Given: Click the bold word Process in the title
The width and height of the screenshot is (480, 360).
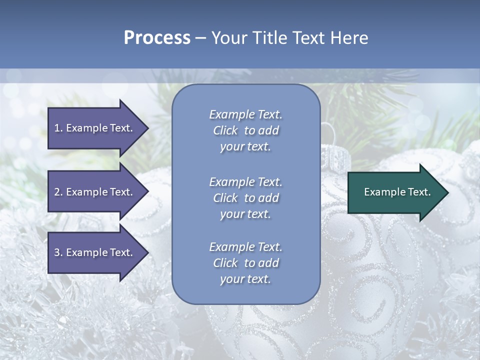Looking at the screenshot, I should (x=157, y=38).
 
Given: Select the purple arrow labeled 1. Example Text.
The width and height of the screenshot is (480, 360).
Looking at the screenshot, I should (x=95, y=128).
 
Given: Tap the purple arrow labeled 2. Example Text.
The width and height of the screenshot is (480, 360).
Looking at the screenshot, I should (x=95, y=192).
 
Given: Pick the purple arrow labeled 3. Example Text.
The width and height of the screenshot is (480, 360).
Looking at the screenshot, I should (x=95, y=252).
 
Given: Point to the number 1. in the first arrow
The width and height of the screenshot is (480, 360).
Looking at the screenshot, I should (x=58, y=128).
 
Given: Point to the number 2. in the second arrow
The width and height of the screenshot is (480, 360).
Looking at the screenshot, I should (x=58, y=192).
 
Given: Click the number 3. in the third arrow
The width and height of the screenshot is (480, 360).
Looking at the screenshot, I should (x=58, y=252).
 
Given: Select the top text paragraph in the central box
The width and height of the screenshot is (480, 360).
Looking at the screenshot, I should (x=245, y=130).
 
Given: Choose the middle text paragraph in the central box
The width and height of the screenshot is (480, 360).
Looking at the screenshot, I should (x=245, y=198).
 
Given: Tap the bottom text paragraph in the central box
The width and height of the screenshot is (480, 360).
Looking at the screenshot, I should (x=245, y=263).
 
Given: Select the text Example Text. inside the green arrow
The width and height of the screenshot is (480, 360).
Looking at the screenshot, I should (x=397, y=192).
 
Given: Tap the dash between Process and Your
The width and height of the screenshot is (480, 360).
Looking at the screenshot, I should (x=200, y=38).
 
